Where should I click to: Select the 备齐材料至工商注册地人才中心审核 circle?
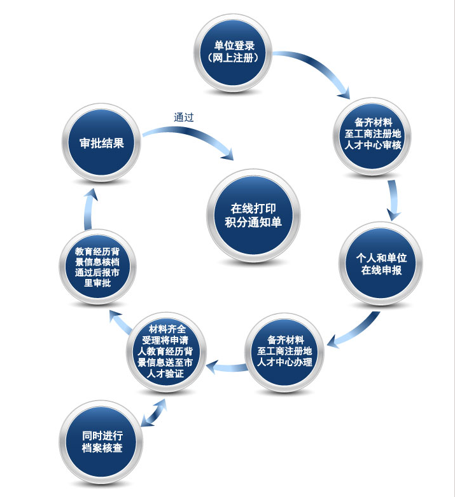372,134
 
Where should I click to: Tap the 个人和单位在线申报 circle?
381,264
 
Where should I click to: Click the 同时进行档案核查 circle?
102,441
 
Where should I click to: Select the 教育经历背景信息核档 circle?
97,268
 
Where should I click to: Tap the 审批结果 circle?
102,143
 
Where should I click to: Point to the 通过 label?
183,117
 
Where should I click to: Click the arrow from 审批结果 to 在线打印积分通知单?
191,136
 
